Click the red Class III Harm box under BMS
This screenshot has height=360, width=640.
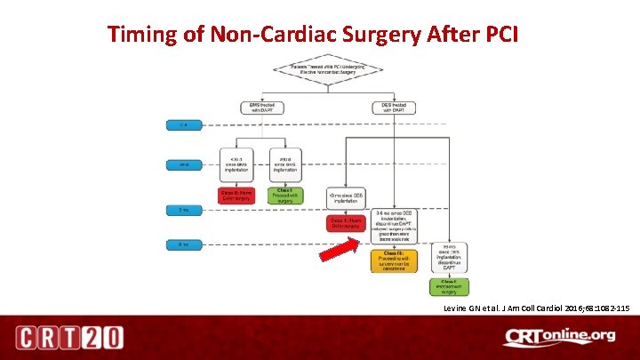point(235,194)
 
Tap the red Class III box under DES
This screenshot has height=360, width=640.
point(346,222)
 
